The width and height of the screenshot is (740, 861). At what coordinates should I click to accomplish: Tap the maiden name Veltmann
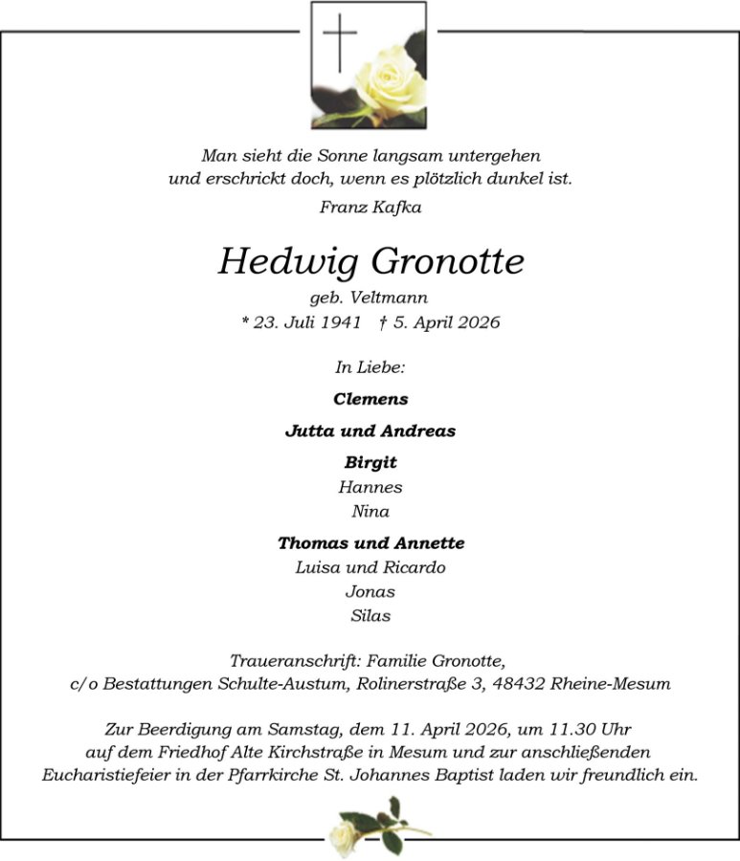point(394,298)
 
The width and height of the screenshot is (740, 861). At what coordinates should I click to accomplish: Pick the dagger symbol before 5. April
point(382,322)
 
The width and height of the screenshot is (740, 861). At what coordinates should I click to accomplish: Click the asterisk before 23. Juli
point(246,321)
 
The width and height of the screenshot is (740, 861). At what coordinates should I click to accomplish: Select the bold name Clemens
point(370,399)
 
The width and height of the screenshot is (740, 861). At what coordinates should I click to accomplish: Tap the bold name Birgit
point(370,463)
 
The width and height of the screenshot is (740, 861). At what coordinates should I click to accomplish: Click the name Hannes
point(370,487)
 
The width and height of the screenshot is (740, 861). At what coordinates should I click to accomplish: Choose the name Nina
point(370,512)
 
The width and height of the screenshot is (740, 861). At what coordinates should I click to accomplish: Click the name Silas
point(370,616)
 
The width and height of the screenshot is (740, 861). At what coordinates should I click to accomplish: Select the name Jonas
point(370,591)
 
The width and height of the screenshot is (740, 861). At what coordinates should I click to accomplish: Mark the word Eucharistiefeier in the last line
point(104,775)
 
